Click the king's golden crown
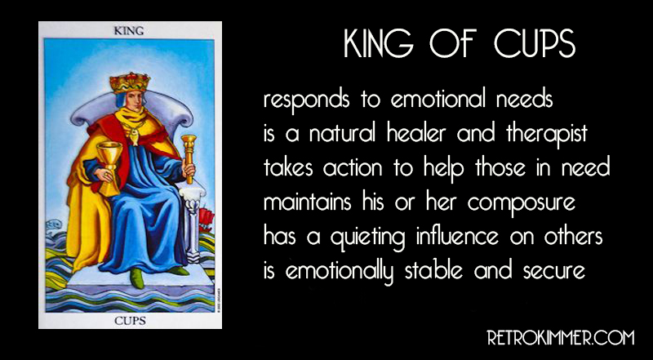coord(131,82)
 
